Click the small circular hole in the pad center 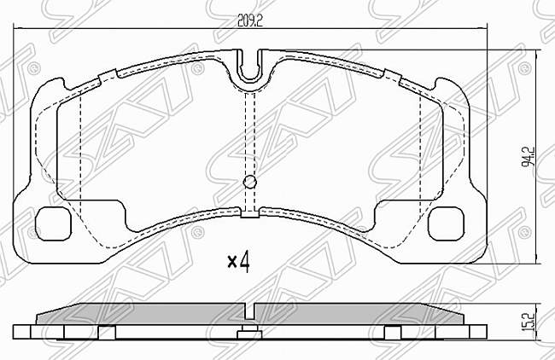tap(250, 182)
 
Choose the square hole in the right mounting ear tap(445, 225)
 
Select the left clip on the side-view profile tap(107, 332)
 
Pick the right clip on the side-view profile tap(392, 332)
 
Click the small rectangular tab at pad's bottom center tap(249, 214)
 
